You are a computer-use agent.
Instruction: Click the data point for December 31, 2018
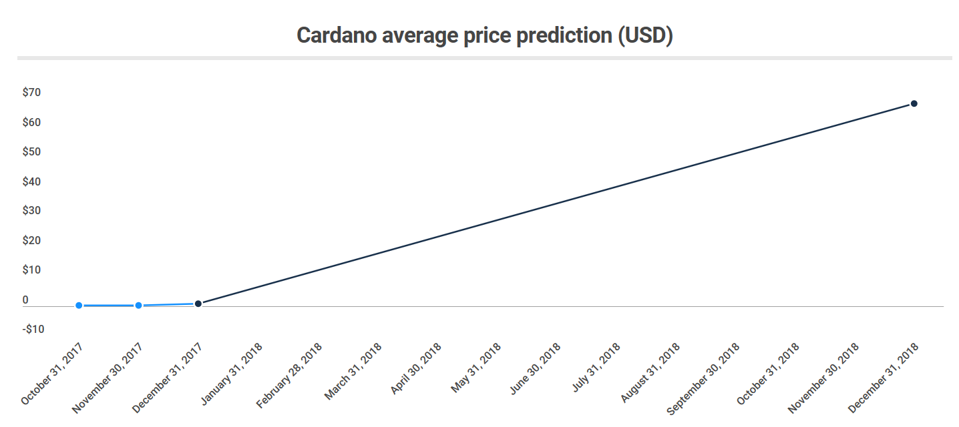click(914, 103)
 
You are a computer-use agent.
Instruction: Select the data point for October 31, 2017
click(79, 306)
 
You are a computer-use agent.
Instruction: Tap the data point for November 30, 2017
click(138, 306)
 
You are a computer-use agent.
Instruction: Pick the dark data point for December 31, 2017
click(198, 304)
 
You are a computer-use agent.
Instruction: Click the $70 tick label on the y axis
click(31, 93)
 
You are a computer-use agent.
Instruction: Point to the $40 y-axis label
click(31, 181)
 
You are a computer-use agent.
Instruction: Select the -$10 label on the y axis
click(33, 329)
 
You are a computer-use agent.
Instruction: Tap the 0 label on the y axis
click(25, 300)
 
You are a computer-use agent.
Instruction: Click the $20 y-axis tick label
click(31, 240)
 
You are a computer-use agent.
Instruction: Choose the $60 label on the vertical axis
click(31, 123)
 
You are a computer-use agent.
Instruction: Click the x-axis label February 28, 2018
click(290, 375)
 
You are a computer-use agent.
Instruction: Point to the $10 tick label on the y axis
click(31, 270)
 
